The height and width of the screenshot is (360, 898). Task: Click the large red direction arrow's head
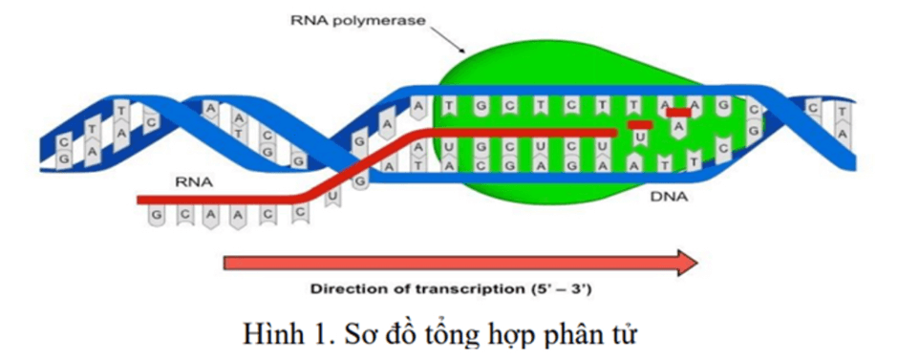pos(684,262)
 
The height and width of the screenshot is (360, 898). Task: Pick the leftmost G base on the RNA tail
pos(155,215)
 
